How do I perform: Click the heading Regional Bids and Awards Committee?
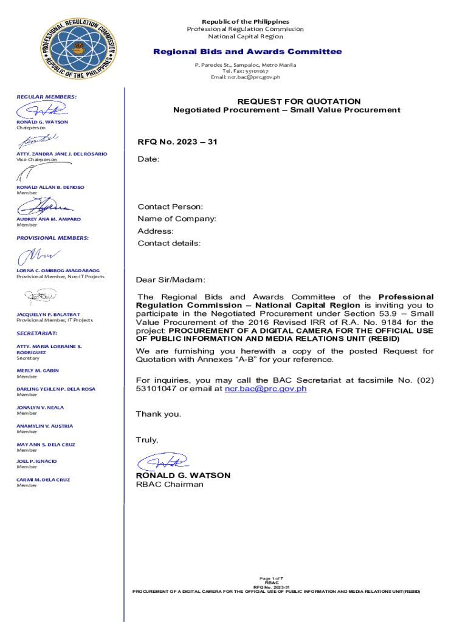point(247,52)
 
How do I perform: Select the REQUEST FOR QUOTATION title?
point(298,101)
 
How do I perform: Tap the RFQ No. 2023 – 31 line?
point(177,142)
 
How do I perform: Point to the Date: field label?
point(148,159)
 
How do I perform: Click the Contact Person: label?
point(170,207)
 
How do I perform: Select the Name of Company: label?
point(176,219)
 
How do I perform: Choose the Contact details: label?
point(169,243)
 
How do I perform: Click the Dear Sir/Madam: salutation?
point(171,280)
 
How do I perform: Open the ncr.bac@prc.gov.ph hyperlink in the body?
point(266,389)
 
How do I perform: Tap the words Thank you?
point(158,414)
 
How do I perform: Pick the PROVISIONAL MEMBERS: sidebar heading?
point(52,238)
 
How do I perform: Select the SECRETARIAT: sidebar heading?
point(37,333)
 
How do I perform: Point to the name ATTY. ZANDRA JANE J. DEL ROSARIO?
point(61,154)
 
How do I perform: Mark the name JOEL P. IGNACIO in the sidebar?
point(36,461)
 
